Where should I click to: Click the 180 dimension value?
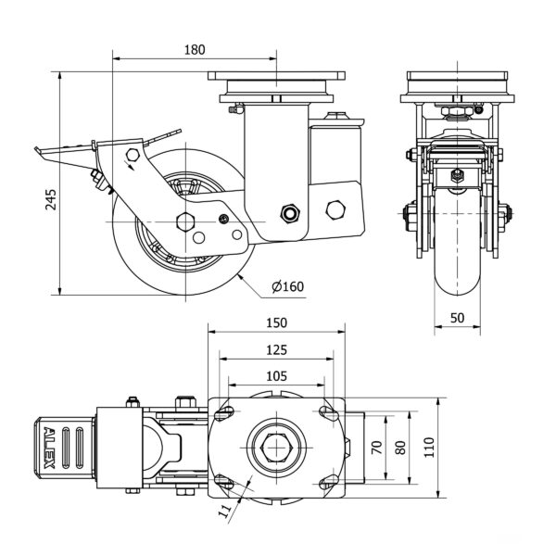(194, 49)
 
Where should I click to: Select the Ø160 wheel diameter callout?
(288, 286)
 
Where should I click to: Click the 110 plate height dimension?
(428, 449)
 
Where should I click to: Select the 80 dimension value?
(401, 449)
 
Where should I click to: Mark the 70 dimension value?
(376, 449)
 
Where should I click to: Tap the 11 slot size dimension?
(224, 509)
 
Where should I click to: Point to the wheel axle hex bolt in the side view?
(183, 221)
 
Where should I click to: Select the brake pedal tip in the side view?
(37, 149)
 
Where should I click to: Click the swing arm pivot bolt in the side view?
(290, 214)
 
